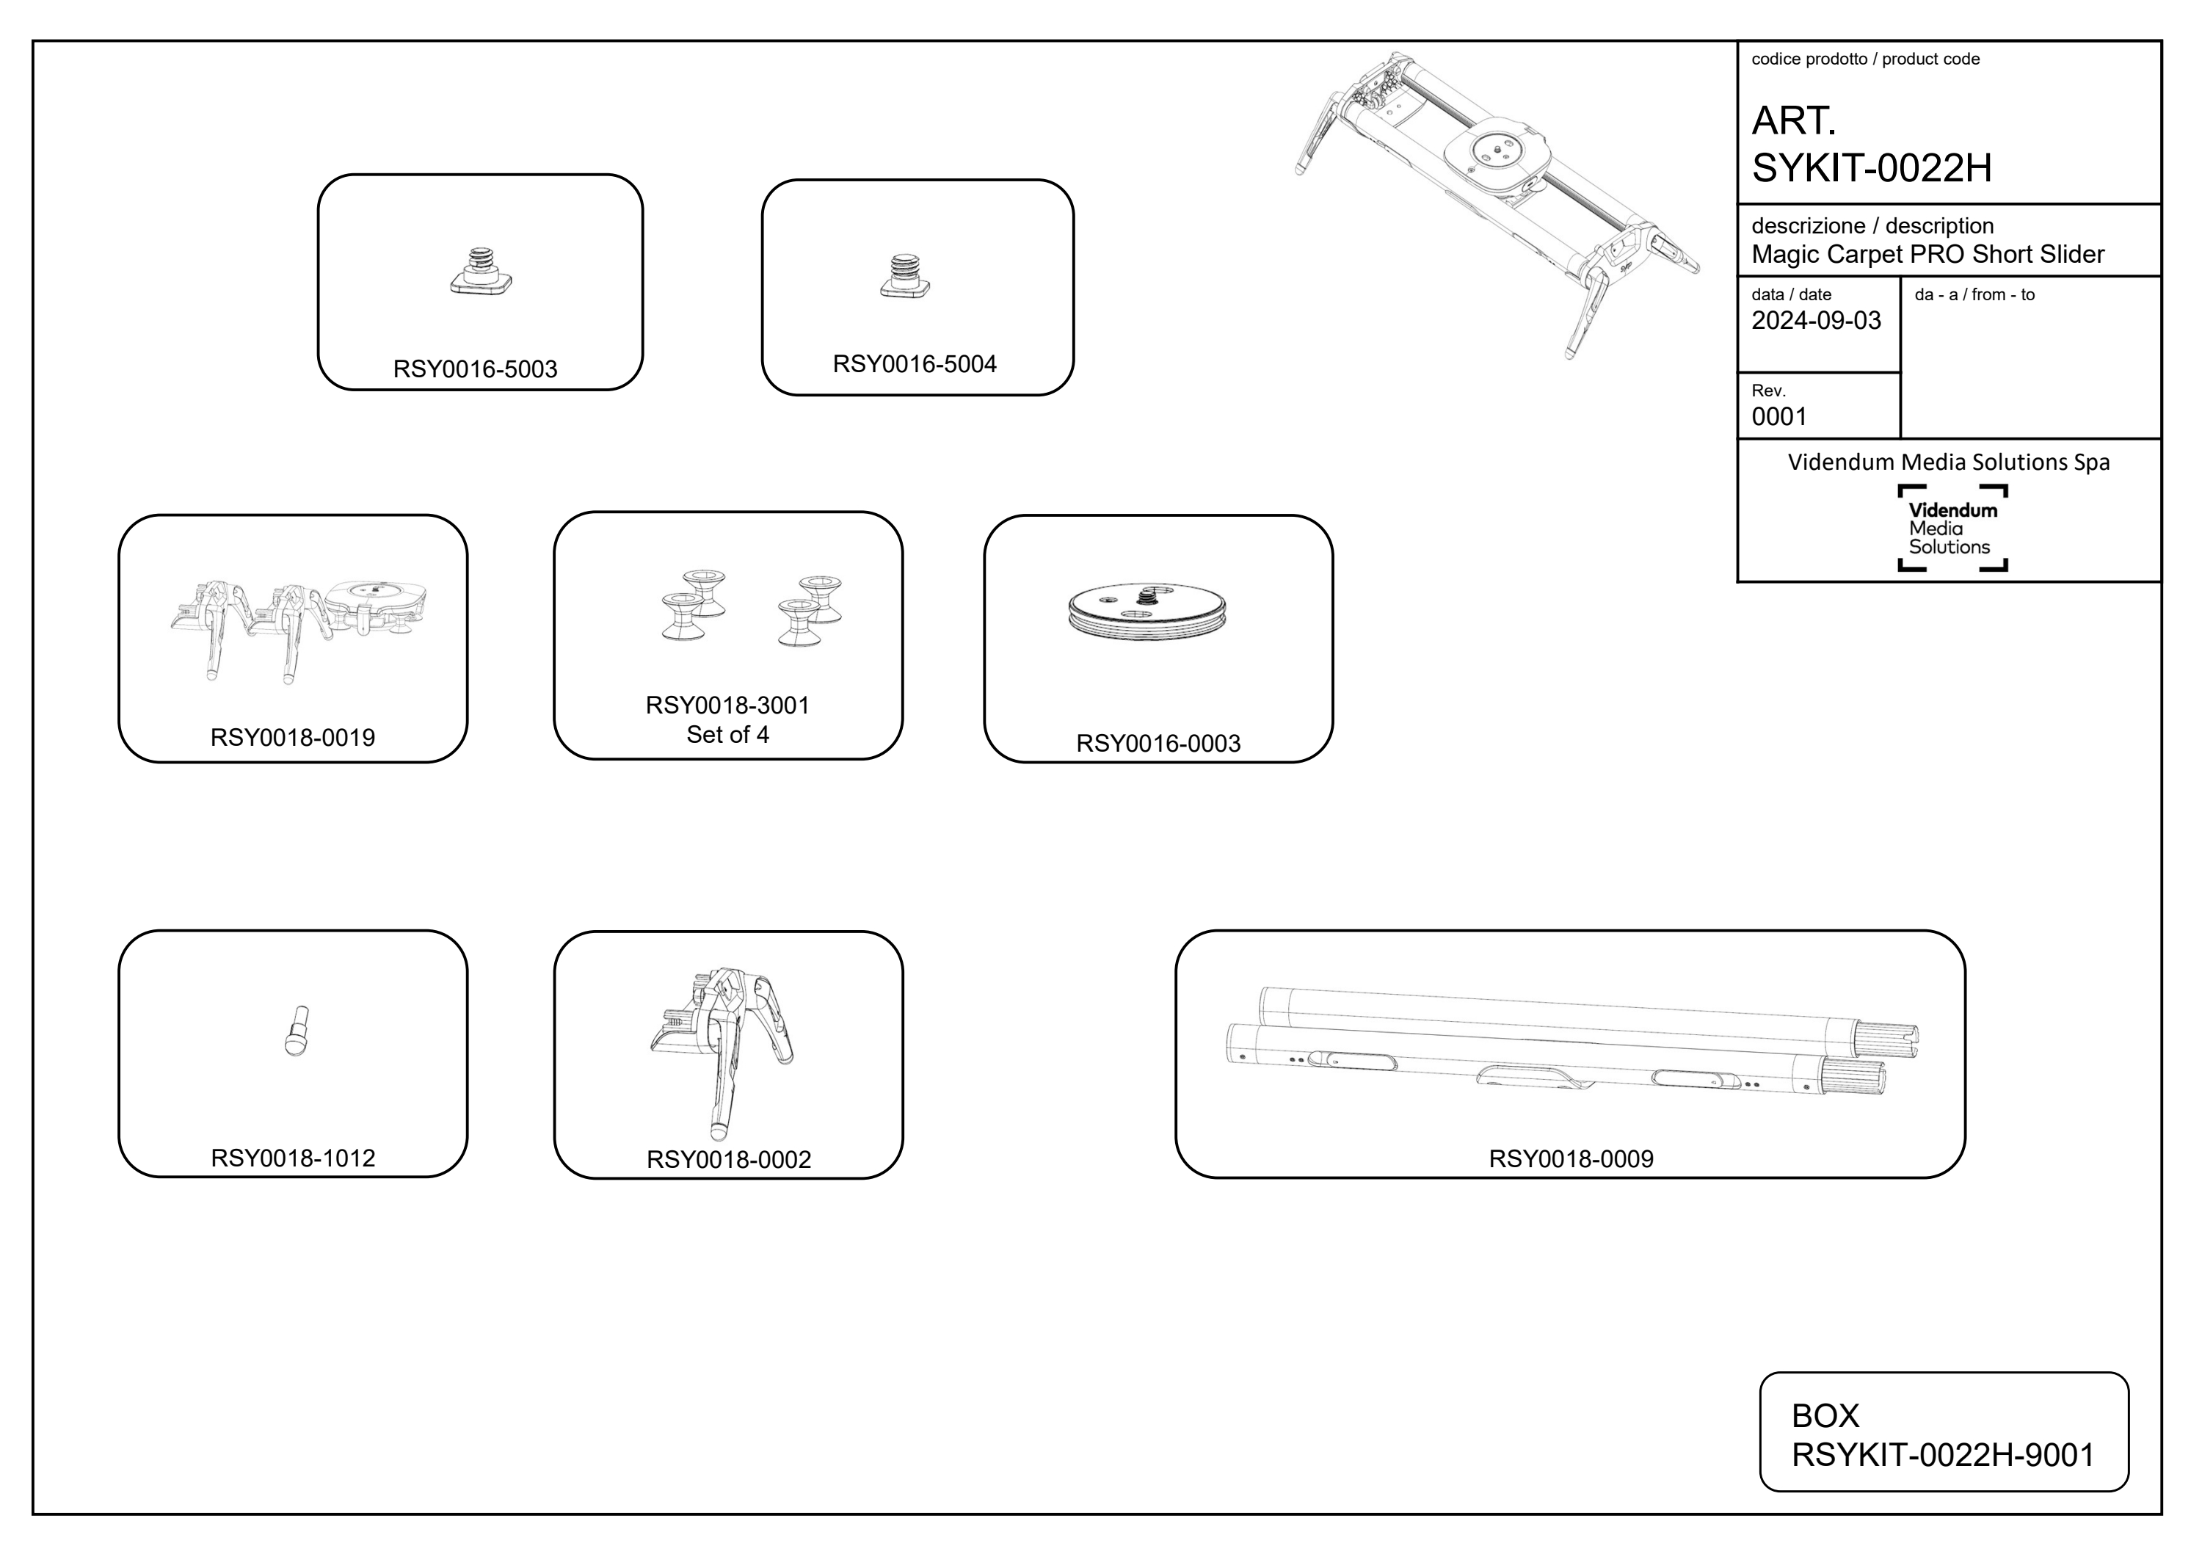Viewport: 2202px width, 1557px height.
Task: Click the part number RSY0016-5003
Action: [x=475, y=369]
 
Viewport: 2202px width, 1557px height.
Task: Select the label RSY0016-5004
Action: [x=915, y=365]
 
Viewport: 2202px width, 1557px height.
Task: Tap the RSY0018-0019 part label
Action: [x=293, y=738]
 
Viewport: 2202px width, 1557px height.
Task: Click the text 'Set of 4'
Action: [x=728, y=735]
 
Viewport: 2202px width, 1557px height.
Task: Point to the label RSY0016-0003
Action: [x=1158, y=744]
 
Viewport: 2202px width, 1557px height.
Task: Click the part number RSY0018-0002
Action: [x=729, y=1160]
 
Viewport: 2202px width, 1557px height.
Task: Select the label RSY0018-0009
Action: [x=1571, y=1159]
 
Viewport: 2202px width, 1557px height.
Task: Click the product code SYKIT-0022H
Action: [x=1872, y=169]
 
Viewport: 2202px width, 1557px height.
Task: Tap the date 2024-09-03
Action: [x=1817, y=320]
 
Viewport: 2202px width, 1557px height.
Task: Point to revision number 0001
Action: [x=1779, y=416]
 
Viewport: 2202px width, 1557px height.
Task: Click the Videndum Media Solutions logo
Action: [x=1952, y=529]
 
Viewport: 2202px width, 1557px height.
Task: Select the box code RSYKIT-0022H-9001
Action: [x=1943, y=1455]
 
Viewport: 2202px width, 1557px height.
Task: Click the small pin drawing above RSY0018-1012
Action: [x=297, y=1031]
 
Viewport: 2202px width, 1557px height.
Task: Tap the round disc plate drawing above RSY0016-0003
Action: [x=1147, y=613]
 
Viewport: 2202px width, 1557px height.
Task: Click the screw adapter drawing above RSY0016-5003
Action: [x=481, y=272]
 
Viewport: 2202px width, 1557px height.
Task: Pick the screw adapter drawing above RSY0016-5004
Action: [x=905, y=276]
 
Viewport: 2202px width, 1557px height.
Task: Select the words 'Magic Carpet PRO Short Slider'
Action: [x=1927, y=254]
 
